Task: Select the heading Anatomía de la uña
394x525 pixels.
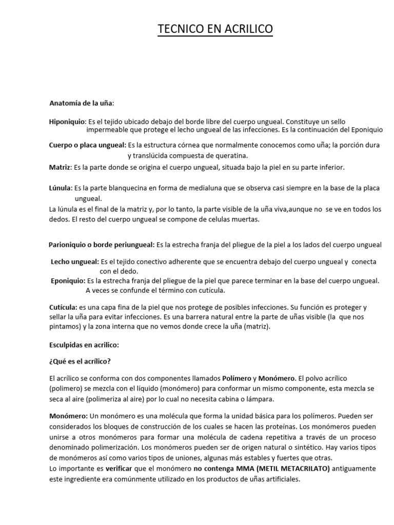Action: click(x=82, y=103)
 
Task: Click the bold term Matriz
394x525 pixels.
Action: click(x=59, y=167)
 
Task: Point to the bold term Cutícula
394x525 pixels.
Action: click(x=61, y=307)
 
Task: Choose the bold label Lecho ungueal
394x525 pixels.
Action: click(x=75, y=261)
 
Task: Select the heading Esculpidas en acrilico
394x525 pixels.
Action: click(x=84, y=345)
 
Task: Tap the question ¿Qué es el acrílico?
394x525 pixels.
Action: click(x=80, y=361)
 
